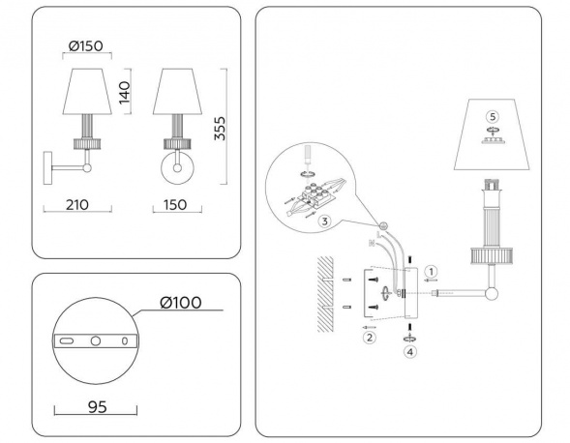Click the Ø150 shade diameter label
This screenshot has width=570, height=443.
87,46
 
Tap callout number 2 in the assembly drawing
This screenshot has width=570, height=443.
369,337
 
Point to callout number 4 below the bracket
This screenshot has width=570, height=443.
410,352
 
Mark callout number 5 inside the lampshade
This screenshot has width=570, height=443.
492,118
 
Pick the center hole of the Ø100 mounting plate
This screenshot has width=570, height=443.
95,341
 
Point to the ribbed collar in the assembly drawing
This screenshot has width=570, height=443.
492,254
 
